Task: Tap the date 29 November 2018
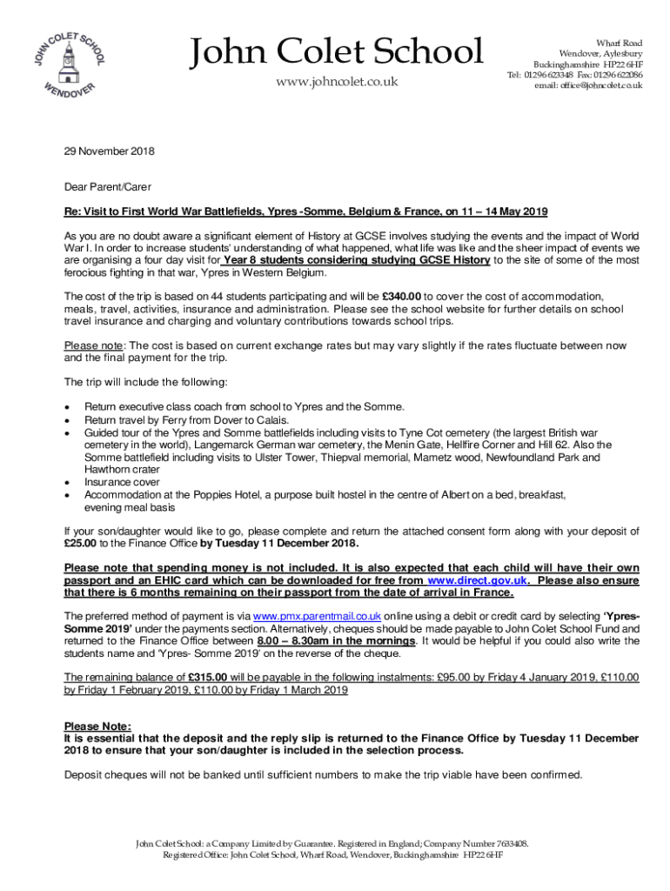(110, 151)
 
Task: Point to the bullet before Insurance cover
(68, 481)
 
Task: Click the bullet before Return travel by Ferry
(68, 419)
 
